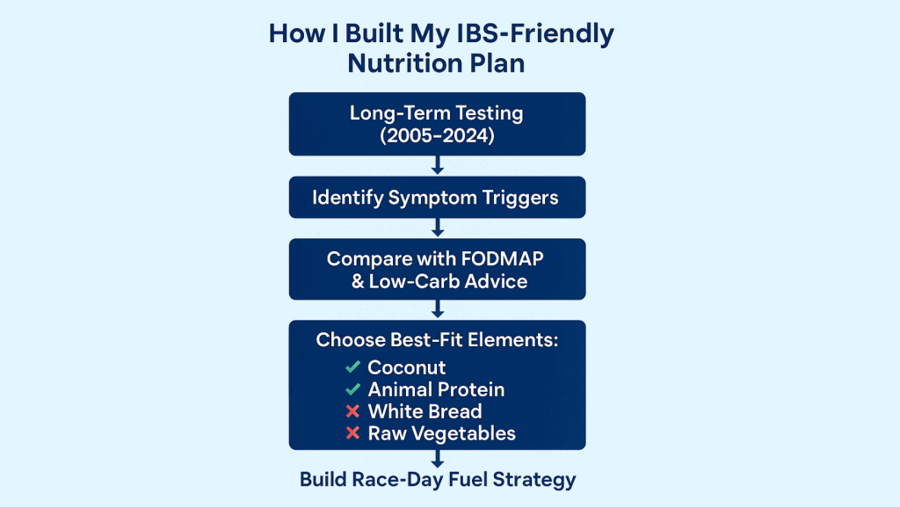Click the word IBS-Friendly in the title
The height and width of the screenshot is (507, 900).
point(534,34)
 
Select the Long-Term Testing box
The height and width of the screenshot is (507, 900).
point(438,124)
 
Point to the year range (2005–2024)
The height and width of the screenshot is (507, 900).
point(437,135)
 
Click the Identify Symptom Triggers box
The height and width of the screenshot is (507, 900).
point(438,198)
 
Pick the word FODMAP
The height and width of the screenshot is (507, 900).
point(502,258)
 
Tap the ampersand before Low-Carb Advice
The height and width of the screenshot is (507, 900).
point(358,281)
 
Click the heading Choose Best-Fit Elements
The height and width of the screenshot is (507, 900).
point(438,339)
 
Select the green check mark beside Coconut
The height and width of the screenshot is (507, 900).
point(353,366)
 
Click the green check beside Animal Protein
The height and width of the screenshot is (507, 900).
point(353,389)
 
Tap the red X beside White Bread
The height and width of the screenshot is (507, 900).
point(353,411)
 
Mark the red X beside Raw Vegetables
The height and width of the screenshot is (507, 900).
point(353,433)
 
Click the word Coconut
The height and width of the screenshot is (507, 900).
point(407,367)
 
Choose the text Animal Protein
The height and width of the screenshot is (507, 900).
point(436,389)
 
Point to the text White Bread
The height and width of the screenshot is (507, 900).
point(425,411)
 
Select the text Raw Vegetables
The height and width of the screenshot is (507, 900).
point(442,433)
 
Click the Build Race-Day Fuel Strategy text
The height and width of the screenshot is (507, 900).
point(438,480)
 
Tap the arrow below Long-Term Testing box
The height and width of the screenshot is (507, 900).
point(438,165)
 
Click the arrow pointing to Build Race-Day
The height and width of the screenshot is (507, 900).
point(438,459)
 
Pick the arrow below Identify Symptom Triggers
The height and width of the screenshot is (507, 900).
point(438,228)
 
